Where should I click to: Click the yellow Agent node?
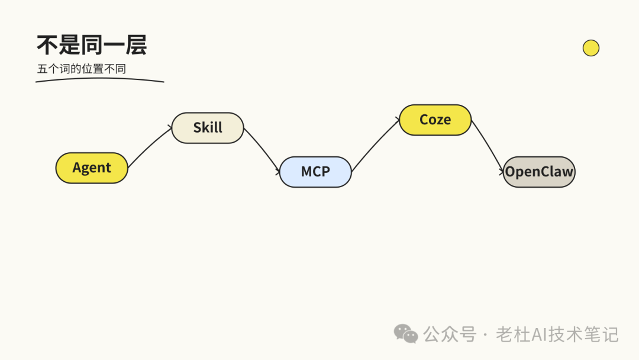click(x=92, y=168)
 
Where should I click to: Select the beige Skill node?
click(x=208, y=128)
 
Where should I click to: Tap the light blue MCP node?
click(x=315, y=172)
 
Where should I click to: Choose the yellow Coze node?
click(x=435, y=120)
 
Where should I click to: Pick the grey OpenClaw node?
click(x=539, y=172)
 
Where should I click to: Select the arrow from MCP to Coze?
click(x=375, y=145)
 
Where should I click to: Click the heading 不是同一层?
click(x=92, y=45)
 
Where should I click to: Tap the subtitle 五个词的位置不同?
click(x=82, y=69)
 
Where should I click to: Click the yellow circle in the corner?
click(x=590, y=48)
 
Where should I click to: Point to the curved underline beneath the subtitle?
click(x=99, y=79)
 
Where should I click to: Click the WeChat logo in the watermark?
click(x=406, y=334)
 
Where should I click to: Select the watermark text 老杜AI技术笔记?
click(x=557, y=335)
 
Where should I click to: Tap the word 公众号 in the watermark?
click(x=450, y=335)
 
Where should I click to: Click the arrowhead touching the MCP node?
click(x=277, y=172)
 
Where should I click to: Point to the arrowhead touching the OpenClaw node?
click(x=501, y=171)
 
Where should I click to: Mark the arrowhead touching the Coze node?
click(x=397, y=121)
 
